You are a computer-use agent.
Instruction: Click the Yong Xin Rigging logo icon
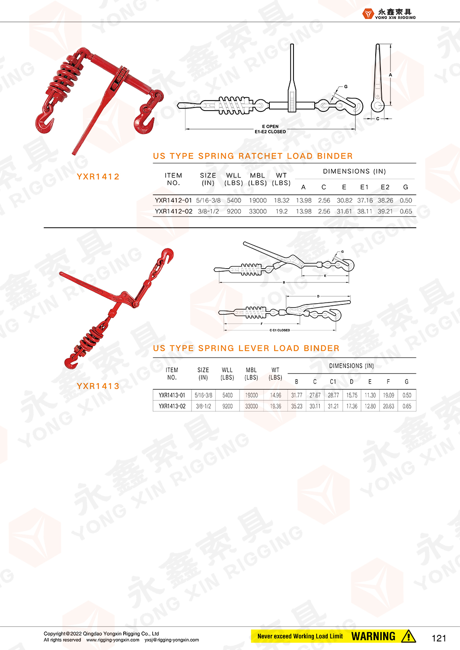[368, 14]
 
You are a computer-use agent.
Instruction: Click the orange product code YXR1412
[98, 177]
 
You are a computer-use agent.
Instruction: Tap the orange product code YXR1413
[98, 386]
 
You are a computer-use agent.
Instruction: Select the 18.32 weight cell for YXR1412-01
[281, 200]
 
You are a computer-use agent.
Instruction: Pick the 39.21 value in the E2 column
[385, 211]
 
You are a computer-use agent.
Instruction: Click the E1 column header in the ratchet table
[364, 187]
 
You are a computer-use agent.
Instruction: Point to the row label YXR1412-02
[173, 211]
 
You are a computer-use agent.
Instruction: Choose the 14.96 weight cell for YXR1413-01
[275, 395]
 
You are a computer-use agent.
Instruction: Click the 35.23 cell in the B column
[297, 406]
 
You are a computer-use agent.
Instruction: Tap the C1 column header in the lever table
[333, 382]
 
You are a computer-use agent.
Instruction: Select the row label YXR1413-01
[172, 395]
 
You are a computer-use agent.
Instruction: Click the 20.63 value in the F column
[389, 406]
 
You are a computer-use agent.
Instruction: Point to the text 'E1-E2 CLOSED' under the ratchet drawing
[270, 132]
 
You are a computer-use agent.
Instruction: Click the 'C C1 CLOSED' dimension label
[280, 330]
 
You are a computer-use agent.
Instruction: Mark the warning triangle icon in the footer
[408, 636]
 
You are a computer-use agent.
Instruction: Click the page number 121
[439, 638]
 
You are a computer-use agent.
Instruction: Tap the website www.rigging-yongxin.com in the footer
[113, 640]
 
